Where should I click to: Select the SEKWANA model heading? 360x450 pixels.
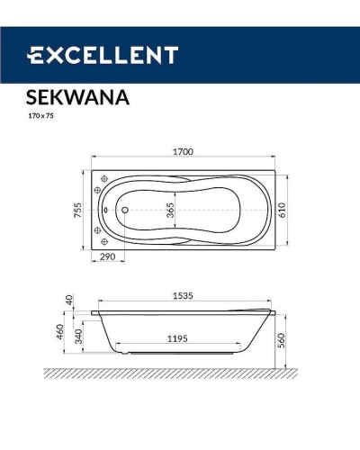point(75,98)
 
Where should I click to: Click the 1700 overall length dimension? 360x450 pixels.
point(182,152)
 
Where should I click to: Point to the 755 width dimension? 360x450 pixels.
point(78,210)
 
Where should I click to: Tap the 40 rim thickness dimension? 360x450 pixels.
point(67,300)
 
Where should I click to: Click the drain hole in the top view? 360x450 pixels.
point(123,211)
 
